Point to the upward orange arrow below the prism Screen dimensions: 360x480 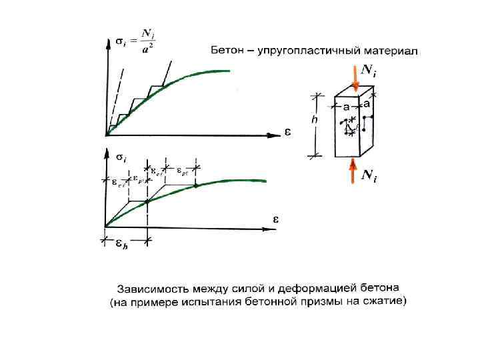[352, 172]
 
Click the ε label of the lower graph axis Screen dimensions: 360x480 [275, 219]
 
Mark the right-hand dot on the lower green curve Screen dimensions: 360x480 [197, 185]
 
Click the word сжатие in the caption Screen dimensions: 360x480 [379, 302]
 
